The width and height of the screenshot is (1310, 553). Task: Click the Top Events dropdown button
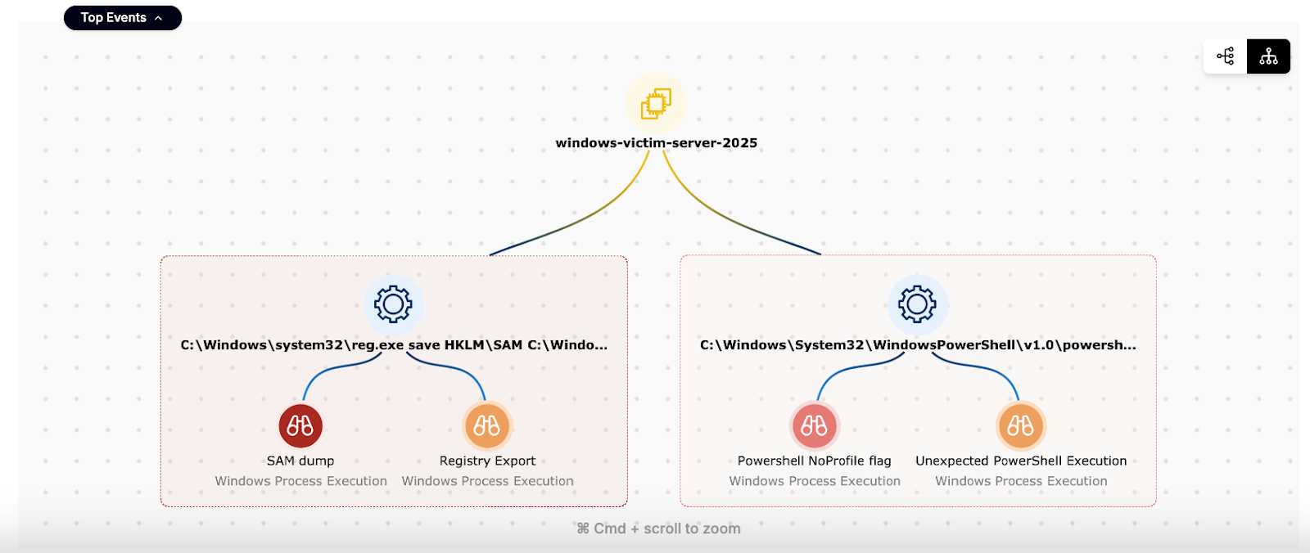click(x=122, y=18)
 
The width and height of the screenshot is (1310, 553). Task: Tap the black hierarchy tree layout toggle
click(x=1268, y=56)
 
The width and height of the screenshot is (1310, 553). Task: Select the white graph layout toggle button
click(x=1226, y=56)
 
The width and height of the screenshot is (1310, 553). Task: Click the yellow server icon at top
click(x=656, y=103)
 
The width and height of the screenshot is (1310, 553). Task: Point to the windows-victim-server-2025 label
click(x=656, y=143)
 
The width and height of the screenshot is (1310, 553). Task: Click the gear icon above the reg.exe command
click(x=393, y=304)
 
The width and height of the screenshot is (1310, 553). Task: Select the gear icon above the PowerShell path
click(x=917, y=304)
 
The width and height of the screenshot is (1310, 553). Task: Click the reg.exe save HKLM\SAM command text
click(x=394, y=345)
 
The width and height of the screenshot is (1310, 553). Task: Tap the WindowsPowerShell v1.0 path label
click(x=918, y=345)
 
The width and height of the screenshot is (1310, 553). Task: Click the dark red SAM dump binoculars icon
click(x=300, y=426)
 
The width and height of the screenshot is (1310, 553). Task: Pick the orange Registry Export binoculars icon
click(x=487, y=426)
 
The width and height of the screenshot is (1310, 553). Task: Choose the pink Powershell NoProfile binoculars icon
click(x=814, y=426)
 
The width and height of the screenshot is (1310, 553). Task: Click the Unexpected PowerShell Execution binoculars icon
click(x=1021, y=426)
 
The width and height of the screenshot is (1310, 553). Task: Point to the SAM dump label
click(x=300, y=461)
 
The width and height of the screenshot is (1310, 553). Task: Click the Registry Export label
click(x=487, y=461)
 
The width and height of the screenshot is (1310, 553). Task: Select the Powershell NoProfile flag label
click(x=814, y=461)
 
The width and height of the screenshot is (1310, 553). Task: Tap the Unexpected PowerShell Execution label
click(x=1021, y=461)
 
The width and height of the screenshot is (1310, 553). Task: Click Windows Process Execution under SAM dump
click(x=300, y=482)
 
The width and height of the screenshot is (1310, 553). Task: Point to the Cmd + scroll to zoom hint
click(x=658, y=529)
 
